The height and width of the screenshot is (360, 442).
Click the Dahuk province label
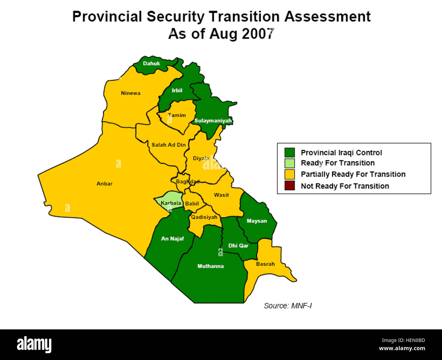(x=151, y=64)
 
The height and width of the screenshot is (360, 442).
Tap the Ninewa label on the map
(x=131, y=93)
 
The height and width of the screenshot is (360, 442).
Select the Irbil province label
(x=177, y=91)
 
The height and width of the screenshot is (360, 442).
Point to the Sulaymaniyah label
(x=213, y=121)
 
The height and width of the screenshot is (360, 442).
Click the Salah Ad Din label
(x=169, y=145)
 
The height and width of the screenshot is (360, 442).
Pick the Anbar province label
(x=104, y=184)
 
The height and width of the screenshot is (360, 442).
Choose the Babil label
(x=192, y=203)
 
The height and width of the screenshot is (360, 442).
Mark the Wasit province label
(x=221, y=195)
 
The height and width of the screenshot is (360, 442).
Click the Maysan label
(x=257, y=221)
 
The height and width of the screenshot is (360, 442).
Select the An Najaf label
(x=172, y=239)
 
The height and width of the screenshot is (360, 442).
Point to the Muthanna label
(x=210, y=266)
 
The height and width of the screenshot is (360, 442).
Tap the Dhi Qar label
(x=238, y=246)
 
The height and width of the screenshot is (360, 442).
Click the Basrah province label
(x=265, y=264)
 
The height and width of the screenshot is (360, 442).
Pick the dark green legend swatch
(x=290, y=152)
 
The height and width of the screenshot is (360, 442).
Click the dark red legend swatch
(x=290, y=186)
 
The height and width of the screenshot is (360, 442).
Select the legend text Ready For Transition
(x=338, y=163)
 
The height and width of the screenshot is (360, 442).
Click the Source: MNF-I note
(x=288, y=306)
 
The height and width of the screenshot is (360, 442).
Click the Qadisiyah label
(x=204, y=217)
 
